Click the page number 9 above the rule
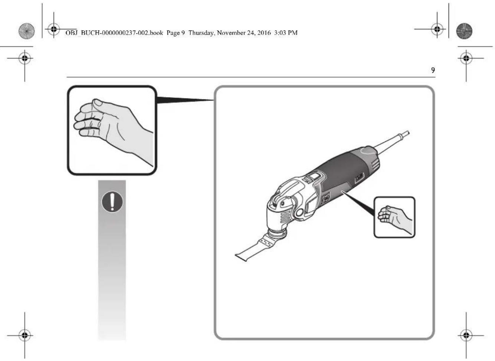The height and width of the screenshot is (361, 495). (433, 70)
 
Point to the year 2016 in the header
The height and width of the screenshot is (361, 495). (264, 33)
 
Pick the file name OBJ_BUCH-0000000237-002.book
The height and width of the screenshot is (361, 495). (114, 33)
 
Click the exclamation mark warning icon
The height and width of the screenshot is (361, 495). (112, 202)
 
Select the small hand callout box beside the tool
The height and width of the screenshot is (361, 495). (394, 217)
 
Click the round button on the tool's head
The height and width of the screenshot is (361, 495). (299, 213)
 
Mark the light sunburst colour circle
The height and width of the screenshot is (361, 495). (26, 31)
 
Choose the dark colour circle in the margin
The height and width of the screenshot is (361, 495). (464, 31)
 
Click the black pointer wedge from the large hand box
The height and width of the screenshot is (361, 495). (184, 100)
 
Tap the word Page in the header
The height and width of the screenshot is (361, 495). (173, 33)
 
